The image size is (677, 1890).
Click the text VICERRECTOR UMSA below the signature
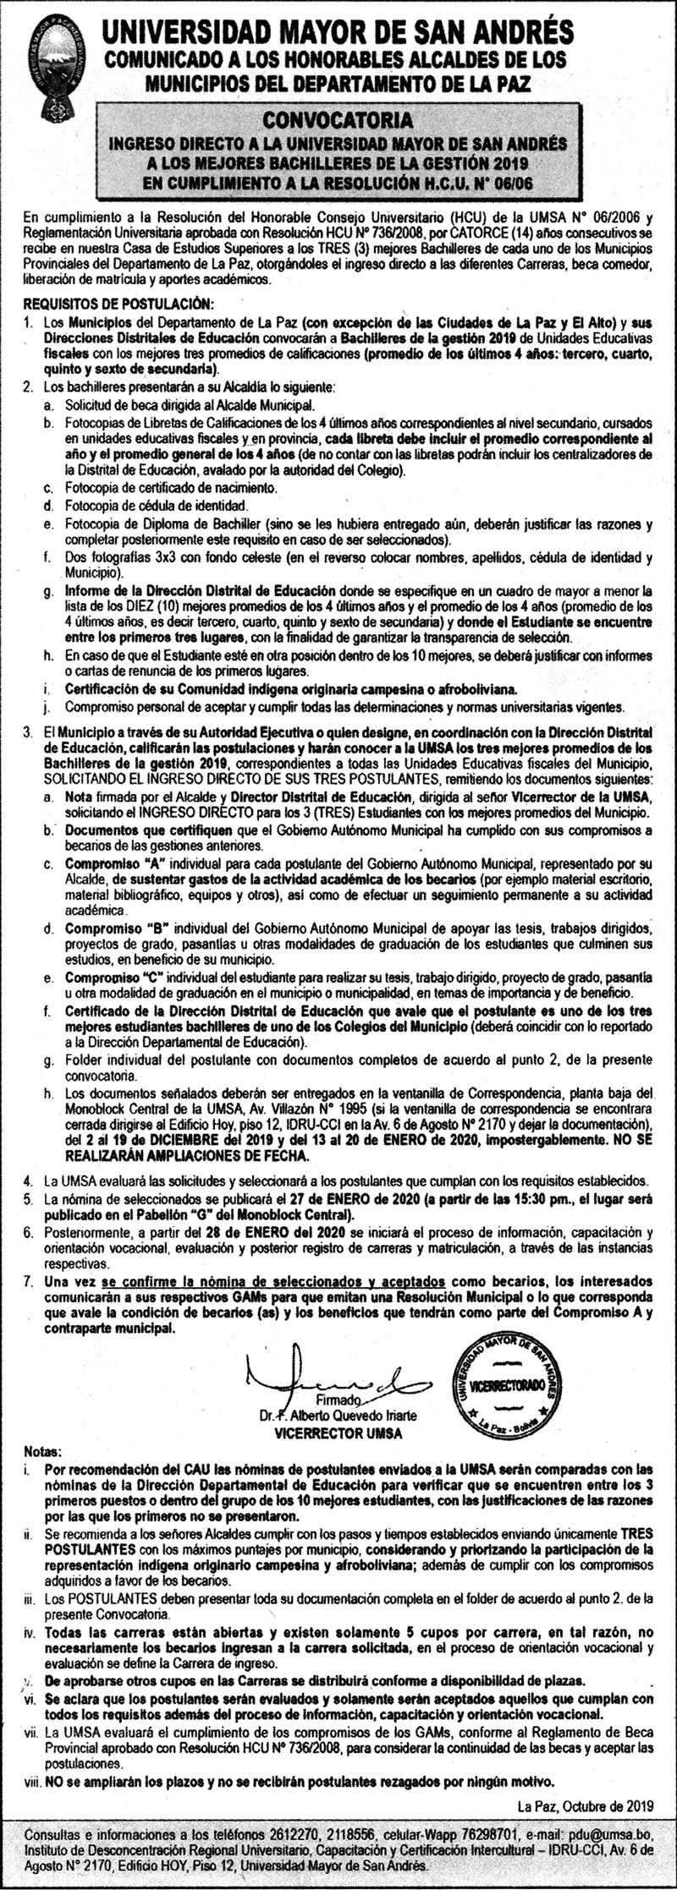pos(338,1686)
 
